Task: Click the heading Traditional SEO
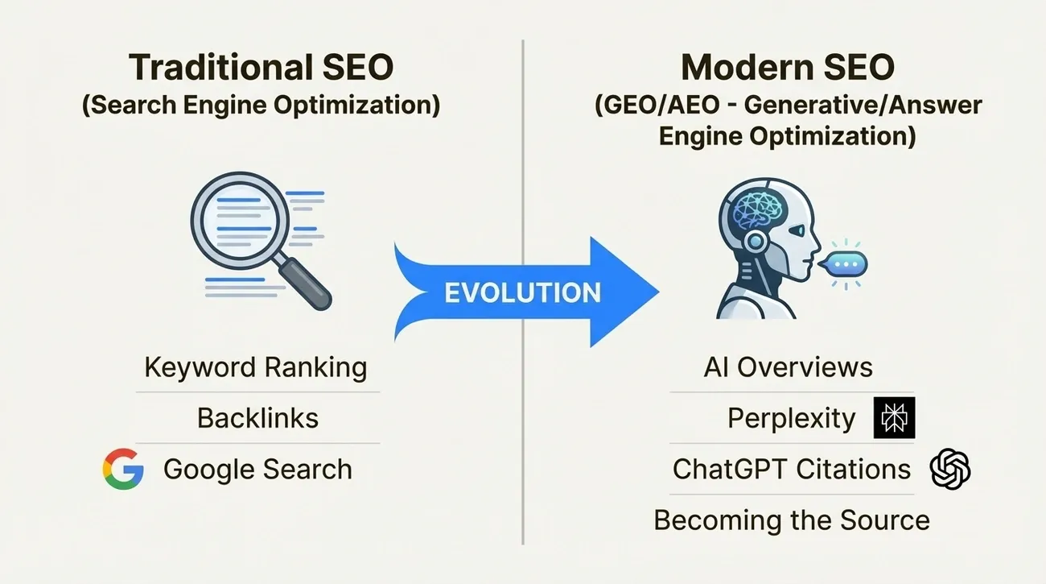tap(261, 68)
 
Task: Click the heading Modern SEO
tap(787, 68)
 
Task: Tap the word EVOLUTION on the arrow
tap(523, 292)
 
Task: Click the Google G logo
tap(123, 469)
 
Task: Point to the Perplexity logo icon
tap(894, 418)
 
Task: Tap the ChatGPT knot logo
tap(949, 469)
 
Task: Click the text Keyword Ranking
tap(256, 368)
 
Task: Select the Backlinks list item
tap(257, 418)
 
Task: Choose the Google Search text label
tap(257, 469)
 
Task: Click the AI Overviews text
tap(788, 368)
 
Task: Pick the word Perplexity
tap(791, 418)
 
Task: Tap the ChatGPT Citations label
tap(792, 469)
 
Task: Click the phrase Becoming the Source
tap(791, 520)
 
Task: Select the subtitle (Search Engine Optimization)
tap(261, 106)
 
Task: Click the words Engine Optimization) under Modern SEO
tap(787, 135)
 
